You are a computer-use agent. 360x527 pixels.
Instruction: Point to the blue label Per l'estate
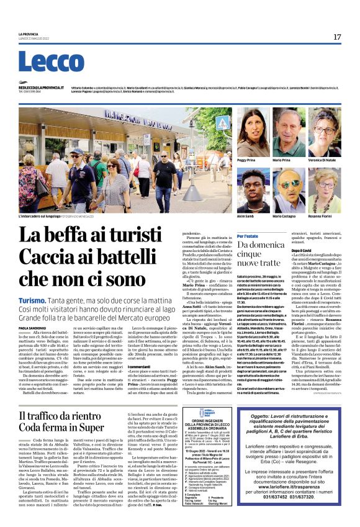248,236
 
